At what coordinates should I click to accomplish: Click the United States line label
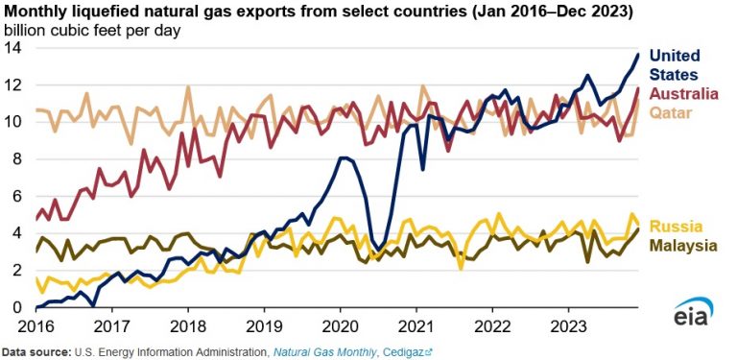(675, 64)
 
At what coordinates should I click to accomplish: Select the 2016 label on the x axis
(36, 324)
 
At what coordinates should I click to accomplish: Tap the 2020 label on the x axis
(341, 324)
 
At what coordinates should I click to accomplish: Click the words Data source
(38, 351)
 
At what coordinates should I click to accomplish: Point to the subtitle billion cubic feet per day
(92, 30)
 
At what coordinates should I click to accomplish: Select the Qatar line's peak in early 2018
(187, 87)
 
